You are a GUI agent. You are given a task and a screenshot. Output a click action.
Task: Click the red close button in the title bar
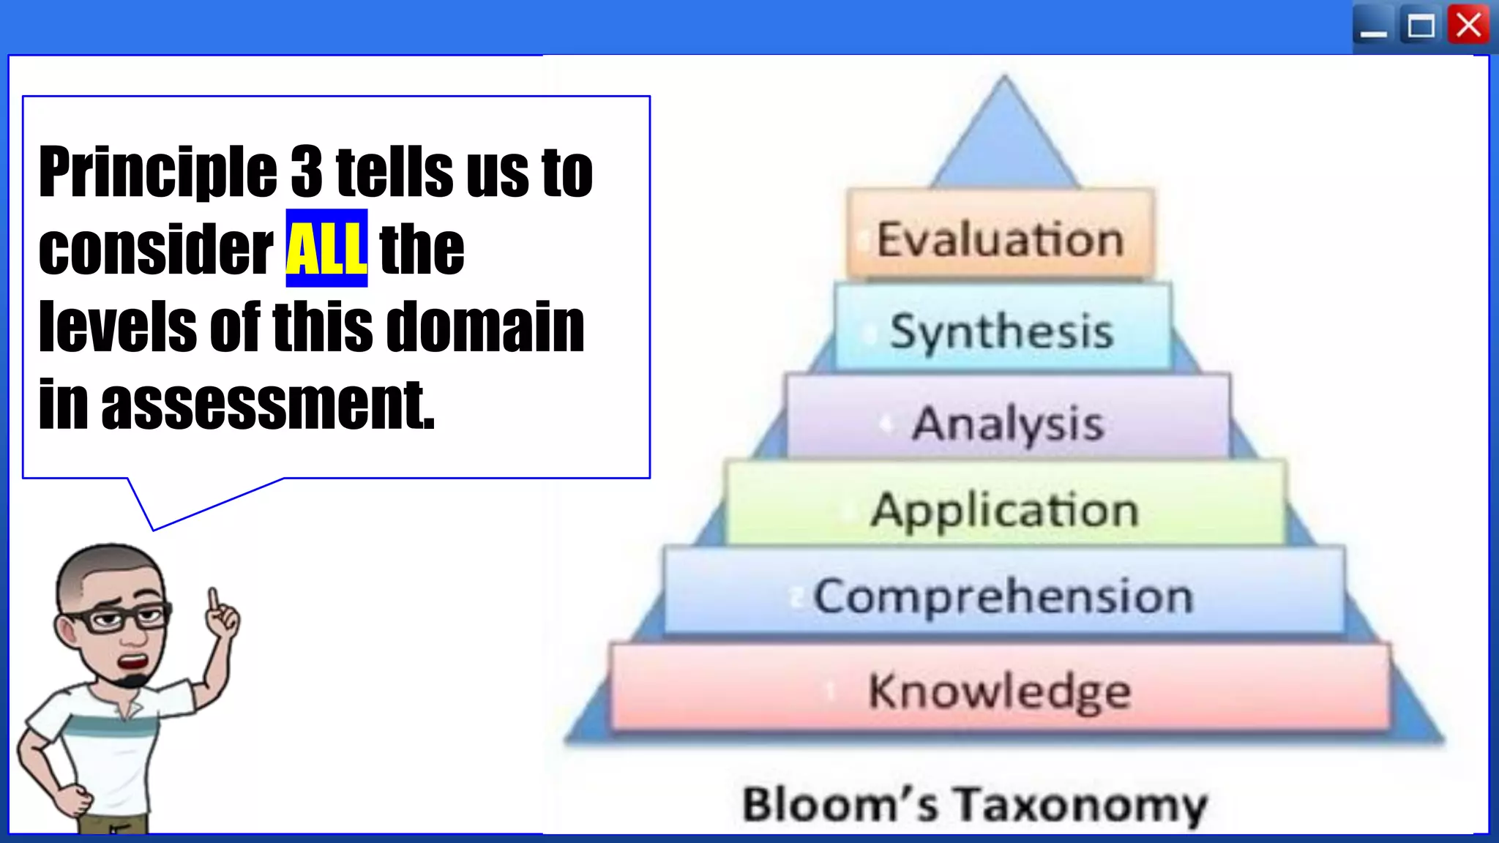(x=1468, y=26)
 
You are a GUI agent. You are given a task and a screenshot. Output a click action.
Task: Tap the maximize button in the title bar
(x=1421, y=26)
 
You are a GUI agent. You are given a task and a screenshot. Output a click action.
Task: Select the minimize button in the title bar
(x=1373, y=28)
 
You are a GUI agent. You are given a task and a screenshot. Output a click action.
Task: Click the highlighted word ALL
(x=326, y=248)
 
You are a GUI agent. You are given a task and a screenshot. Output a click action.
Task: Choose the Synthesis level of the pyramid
(x=1001, y=331)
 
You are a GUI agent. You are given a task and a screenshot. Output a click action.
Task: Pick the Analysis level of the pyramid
(x=1007, y=422)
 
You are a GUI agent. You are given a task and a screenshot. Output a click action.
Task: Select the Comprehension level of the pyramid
(x=1003, y=596)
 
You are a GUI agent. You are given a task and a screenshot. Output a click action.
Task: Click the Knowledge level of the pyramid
(x=1000, y=690)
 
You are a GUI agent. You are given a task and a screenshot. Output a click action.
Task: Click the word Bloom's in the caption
(x=840, y=803)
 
